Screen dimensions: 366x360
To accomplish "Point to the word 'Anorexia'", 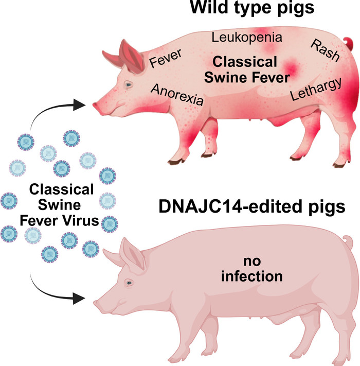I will [177, 95].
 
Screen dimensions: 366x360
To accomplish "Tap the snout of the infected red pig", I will [96, 106].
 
